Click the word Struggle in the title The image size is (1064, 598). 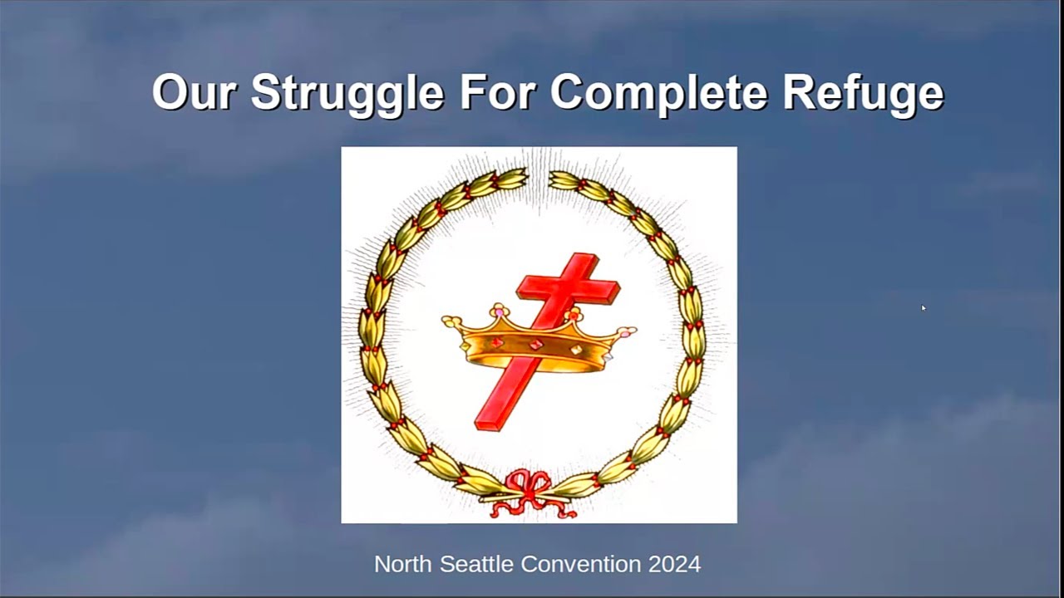pos(347,94)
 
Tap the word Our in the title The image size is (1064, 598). pos(194,92)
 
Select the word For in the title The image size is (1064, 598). pos(497,92)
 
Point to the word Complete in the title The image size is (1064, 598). pos(659,94)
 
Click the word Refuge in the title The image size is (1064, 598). pos(863,94)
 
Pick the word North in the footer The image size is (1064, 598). pos(403,564)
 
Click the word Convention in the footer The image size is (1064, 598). pos(581,564)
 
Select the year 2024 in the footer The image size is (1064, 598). pos(674,564)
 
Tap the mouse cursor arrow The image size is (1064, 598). pos(923,307)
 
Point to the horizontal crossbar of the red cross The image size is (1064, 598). pos(568,288)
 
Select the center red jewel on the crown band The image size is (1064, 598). pos(536,345)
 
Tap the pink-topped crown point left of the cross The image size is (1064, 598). pos(500,311)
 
